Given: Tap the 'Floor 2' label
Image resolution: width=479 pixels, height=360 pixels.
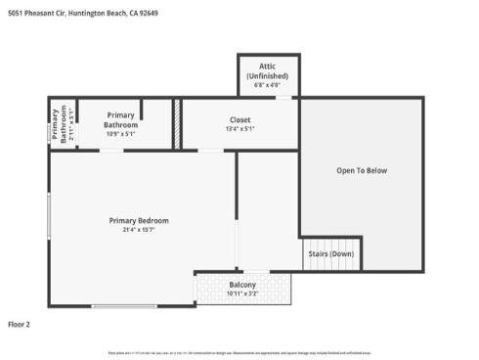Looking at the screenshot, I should (x=20, y=323).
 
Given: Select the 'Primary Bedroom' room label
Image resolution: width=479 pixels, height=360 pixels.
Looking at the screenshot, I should (x=132, y=220).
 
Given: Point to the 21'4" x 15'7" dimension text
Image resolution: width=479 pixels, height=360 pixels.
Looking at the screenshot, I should (x=132, y=230).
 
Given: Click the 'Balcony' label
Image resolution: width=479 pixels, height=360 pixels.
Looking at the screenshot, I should (x=242, y=285).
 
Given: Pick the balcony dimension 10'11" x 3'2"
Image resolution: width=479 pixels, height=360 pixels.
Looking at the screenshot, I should (x=242, y=293).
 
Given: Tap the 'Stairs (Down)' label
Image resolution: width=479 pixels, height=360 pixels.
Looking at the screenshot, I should (x=329, y=252).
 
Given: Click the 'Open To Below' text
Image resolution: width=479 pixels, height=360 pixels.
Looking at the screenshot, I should (x=362, y=171).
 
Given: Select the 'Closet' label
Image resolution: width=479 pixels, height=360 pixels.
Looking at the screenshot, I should (x=239, y=119).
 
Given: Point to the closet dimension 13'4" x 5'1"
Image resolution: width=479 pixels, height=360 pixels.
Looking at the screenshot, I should (x=239, y=128).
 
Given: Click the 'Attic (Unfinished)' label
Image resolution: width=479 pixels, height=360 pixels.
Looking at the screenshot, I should (x=267, y=71).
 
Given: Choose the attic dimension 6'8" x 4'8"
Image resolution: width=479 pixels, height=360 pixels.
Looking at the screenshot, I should (x=267, y=85).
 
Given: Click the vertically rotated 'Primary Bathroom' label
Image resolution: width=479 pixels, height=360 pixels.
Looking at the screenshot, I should (x=56, y=123).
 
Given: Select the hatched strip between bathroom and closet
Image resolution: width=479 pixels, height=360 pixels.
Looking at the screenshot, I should (x=177, y=123).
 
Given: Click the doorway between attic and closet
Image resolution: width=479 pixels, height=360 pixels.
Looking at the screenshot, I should (x=267, y=96).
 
